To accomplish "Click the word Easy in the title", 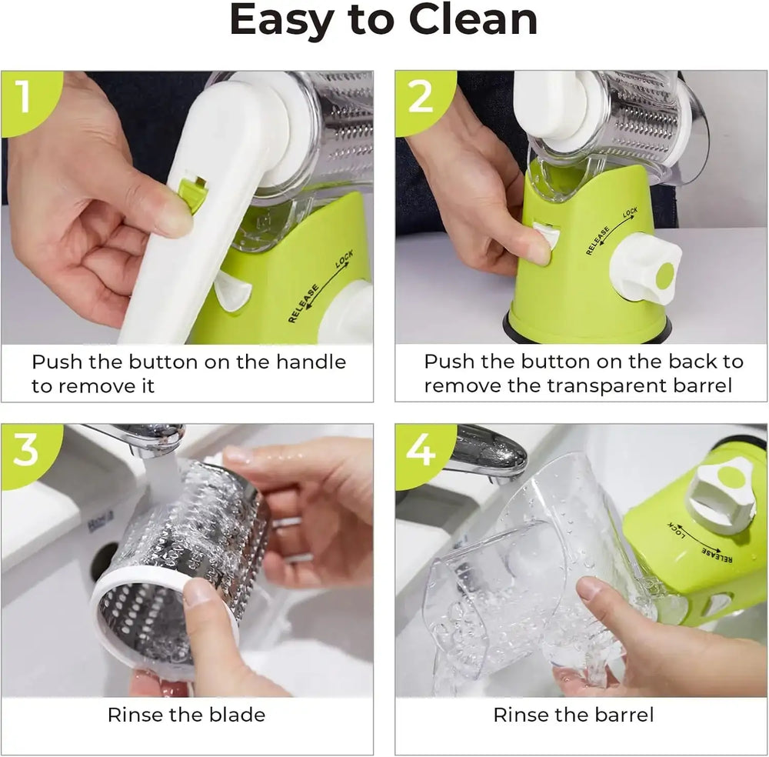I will click(279, 22).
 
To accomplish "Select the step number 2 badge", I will click(419, 97).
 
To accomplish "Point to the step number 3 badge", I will click(25, 450).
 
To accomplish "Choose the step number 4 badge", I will click(420, 451).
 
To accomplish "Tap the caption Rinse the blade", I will click(186, 715).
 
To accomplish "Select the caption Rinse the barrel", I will click(573, 715).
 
